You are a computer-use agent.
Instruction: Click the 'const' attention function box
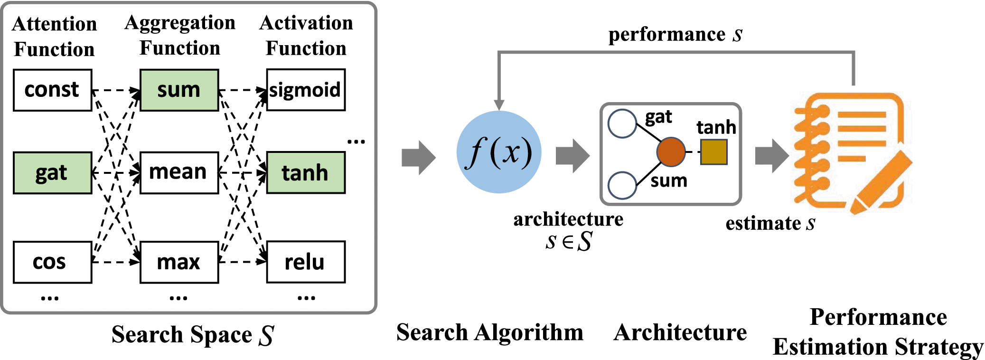52,90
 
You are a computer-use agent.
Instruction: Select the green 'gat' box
52,173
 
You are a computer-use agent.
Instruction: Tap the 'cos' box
52,262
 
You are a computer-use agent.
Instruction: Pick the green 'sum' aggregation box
179,90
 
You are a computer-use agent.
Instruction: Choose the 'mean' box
179,173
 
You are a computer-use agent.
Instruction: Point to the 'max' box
179,262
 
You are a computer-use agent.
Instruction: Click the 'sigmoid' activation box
306,90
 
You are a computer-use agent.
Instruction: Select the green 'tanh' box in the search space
306,173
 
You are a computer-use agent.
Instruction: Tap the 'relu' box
306,262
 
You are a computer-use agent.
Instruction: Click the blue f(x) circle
499,152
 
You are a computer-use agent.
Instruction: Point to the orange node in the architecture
671,152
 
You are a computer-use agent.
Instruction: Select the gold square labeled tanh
713,152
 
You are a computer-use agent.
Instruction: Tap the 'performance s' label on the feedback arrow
675,35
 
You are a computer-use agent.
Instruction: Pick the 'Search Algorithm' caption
489,332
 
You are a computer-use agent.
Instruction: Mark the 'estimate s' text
770,223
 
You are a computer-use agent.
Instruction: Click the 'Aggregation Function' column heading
180,36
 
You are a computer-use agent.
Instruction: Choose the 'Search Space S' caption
192,335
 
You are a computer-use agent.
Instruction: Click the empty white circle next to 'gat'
622,123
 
